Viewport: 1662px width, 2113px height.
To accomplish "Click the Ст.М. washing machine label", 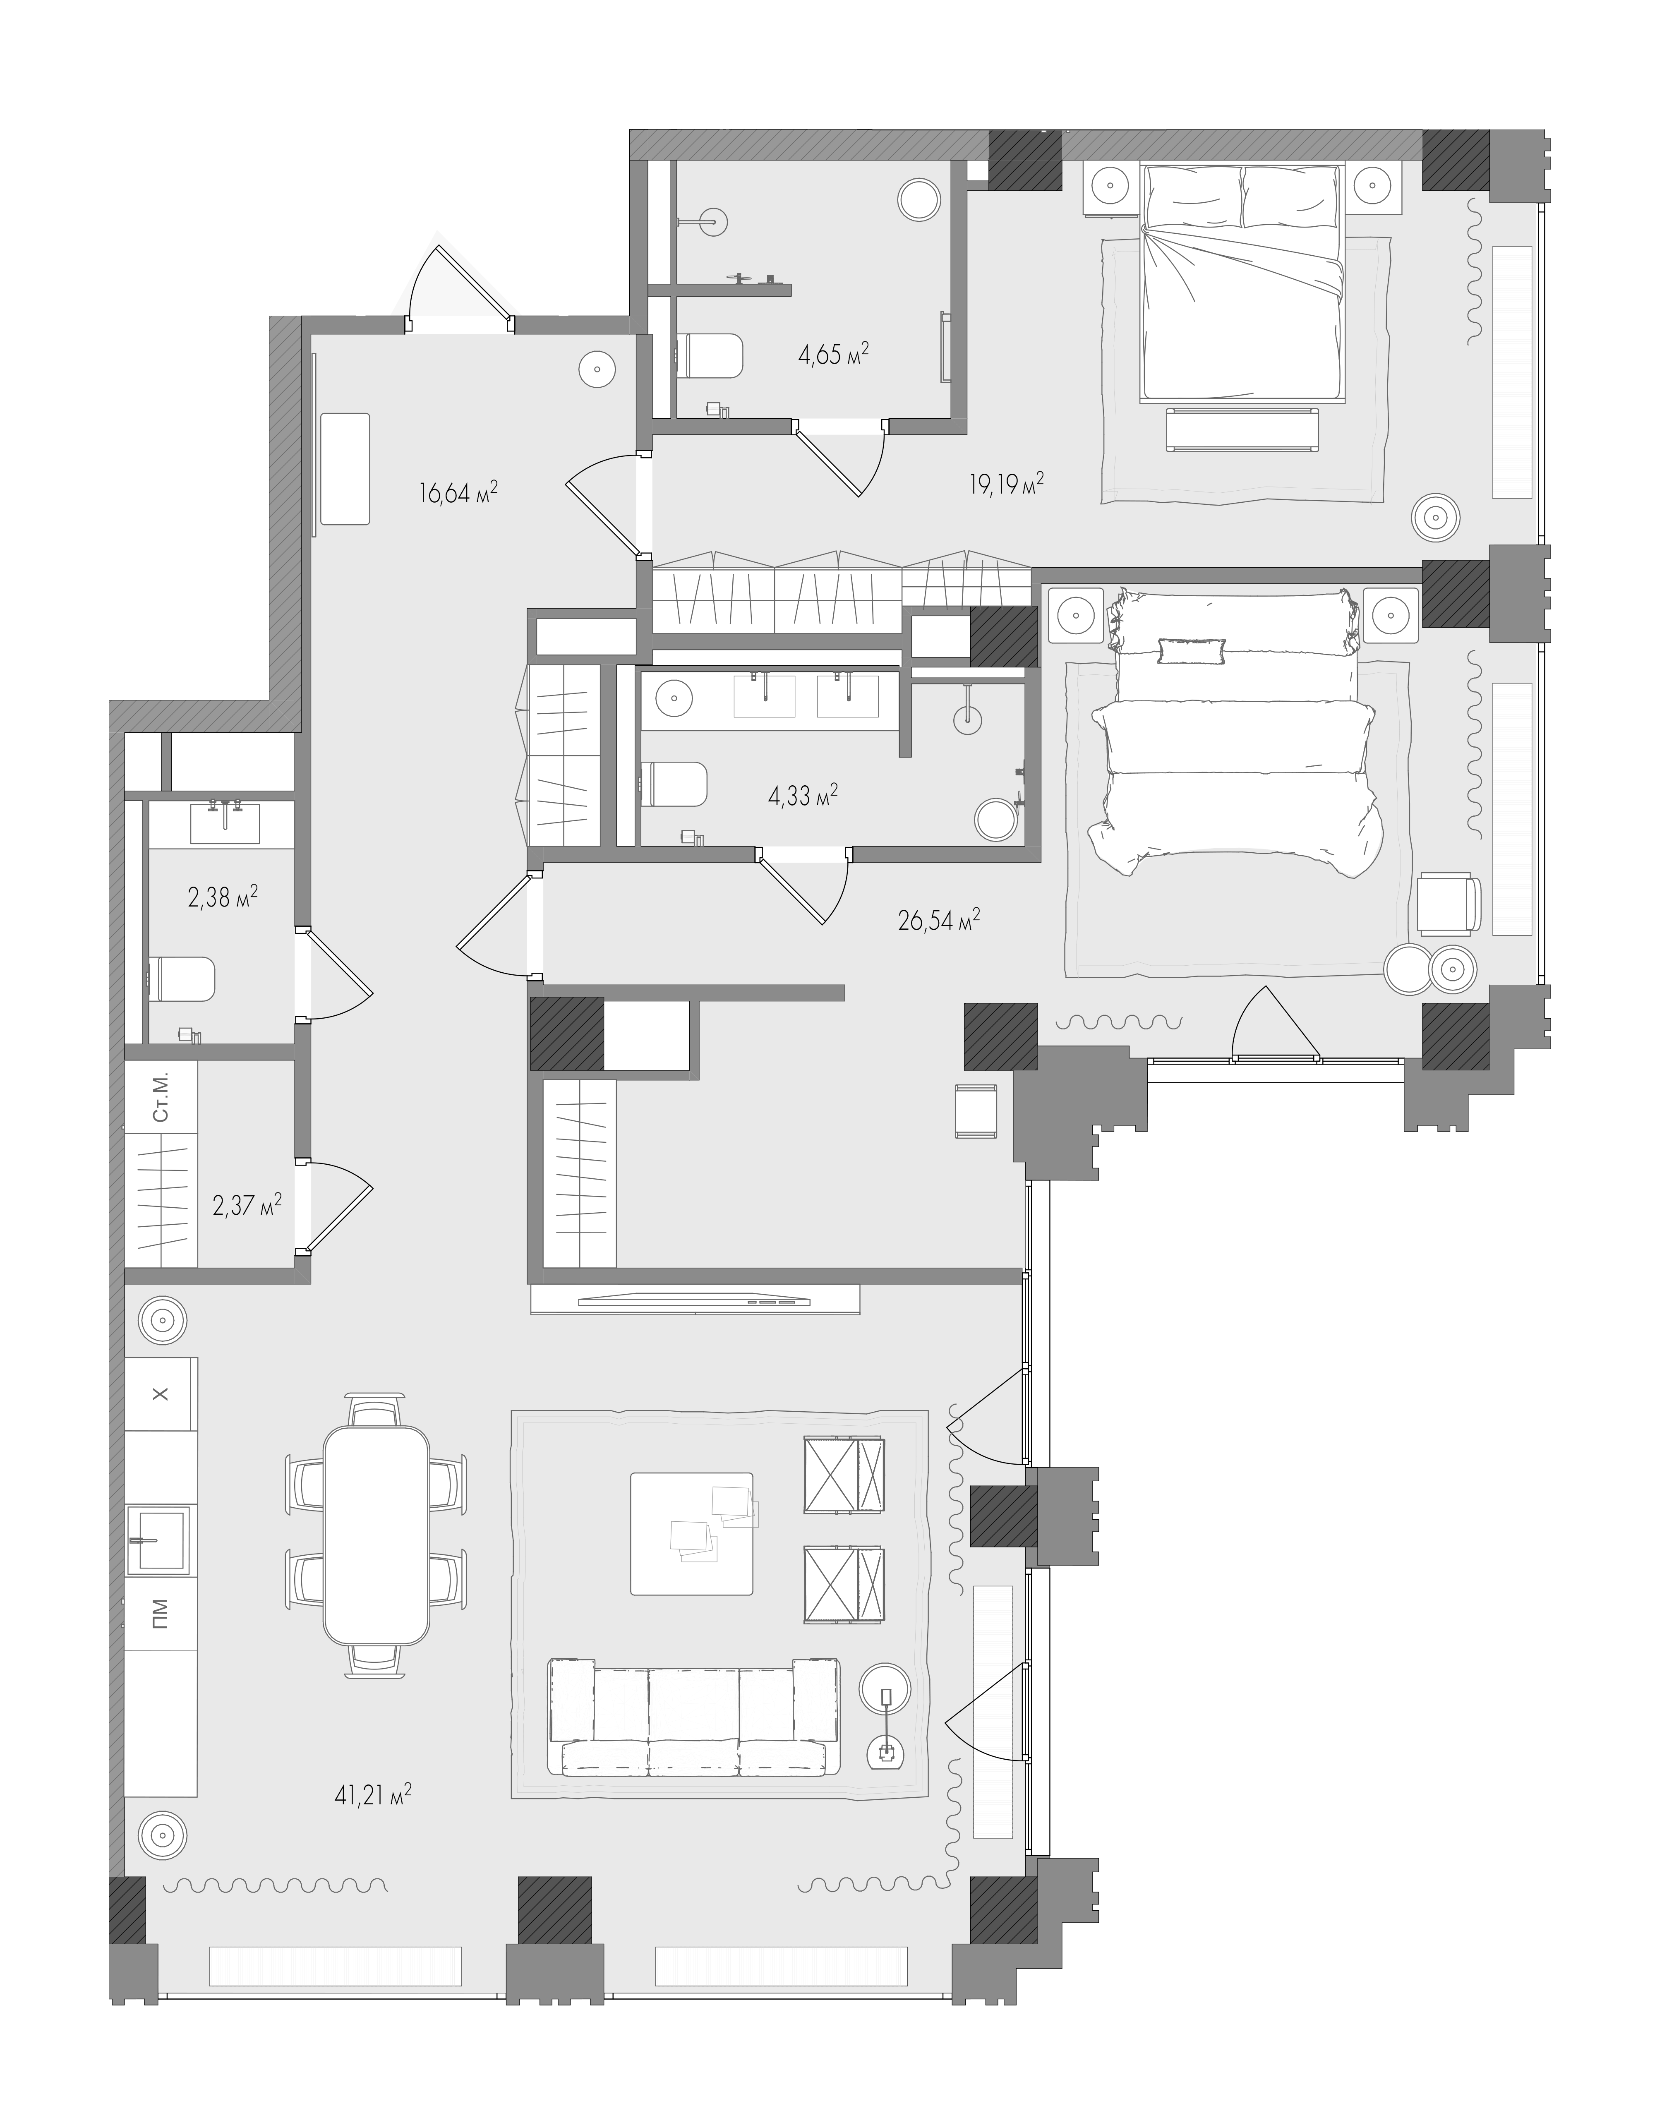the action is coord(161,1098).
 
